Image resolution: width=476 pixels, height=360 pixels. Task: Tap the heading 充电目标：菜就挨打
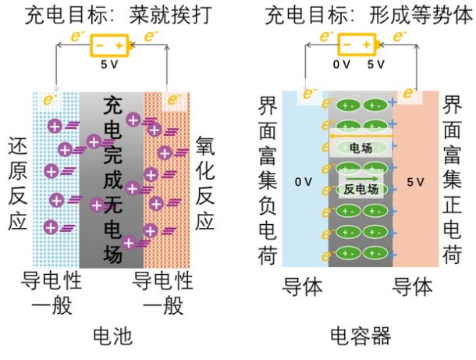tap(111, 14)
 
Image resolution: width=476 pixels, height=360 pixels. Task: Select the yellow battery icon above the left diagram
tap(108, 46)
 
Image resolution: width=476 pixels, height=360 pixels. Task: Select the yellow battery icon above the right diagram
tap(360, 45)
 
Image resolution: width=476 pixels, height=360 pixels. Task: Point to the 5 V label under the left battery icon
tap(109, 66)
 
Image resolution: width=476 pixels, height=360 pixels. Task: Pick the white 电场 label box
tap(360, 148)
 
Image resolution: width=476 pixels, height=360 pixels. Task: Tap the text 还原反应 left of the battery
tap(17, 185)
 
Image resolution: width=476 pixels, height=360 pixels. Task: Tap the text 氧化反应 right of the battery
tap(205, 185)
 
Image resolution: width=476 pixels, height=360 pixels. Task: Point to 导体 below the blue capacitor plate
tap(302, 287)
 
